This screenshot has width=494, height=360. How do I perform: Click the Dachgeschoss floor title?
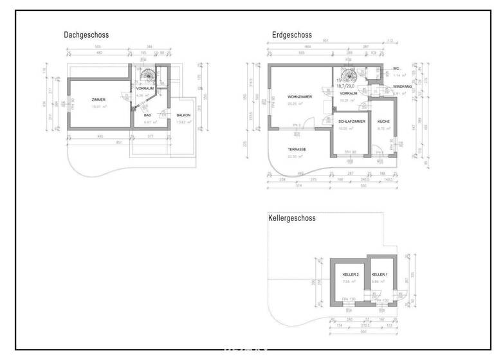(x=86, y=35)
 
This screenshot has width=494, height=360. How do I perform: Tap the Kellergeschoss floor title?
(x=291, y=219)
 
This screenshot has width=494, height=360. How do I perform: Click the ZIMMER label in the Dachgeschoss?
(x=98, y=100)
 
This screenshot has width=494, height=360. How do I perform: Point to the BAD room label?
(x=147, y=115)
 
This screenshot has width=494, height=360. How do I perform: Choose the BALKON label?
(x=183, y=115)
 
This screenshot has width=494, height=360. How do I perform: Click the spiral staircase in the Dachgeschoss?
(x=148, y=76)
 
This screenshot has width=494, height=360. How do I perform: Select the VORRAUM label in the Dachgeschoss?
(x=145, y=89)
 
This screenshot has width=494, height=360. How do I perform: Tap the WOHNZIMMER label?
(x=300, y=96)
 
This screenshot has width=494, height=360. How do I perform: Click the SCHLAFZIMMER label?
(x=352, y=121)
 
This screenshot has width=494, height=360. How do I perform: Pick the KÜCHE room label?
(x=383, y=121)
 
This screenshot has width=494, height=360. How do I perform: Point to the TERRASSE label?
(x=297, y=149)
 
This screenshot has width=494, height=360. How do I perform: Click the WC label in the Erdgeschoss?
(x=396, y=68)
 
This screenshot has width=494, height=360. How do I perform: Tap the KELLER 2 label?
(x=351, y=274)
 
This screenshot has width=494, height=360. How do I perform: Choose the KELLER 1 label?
(x=379, y=274)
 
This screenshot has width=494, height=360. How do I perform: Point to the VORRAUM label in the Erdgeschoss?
(x=348, y=94)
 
